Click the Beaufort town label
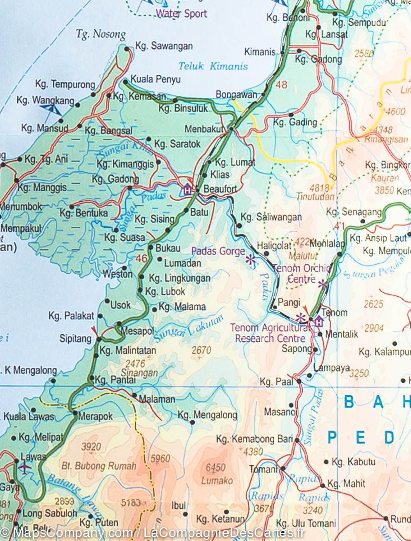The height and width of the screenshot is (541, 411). [x=220, y=189]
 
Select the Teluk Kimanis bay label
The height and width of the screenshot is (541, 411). [x=213, y=66]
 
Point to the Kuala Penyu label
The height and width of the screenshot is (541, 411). [x=155, y=79]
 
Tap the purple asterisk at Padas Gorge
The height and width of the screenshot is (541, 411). [x=250, y=259]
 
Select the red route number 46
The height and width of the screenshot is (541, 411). [x=141, y=258]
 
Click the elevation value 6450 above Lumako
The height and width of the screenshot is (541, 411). [x=215, y=468]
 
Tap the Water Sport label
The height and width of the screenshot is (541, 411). [x=181, y=14]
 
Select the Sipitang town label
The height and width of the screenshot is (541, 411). [x=75, y=339]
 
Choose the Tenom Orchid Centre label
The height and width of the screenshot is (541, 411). [x=301, y=274]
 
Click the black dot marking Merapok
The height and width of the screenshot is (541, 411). [x=74, y=412]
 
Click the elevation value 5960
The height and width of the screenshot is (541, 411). [x=161, y=459]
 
